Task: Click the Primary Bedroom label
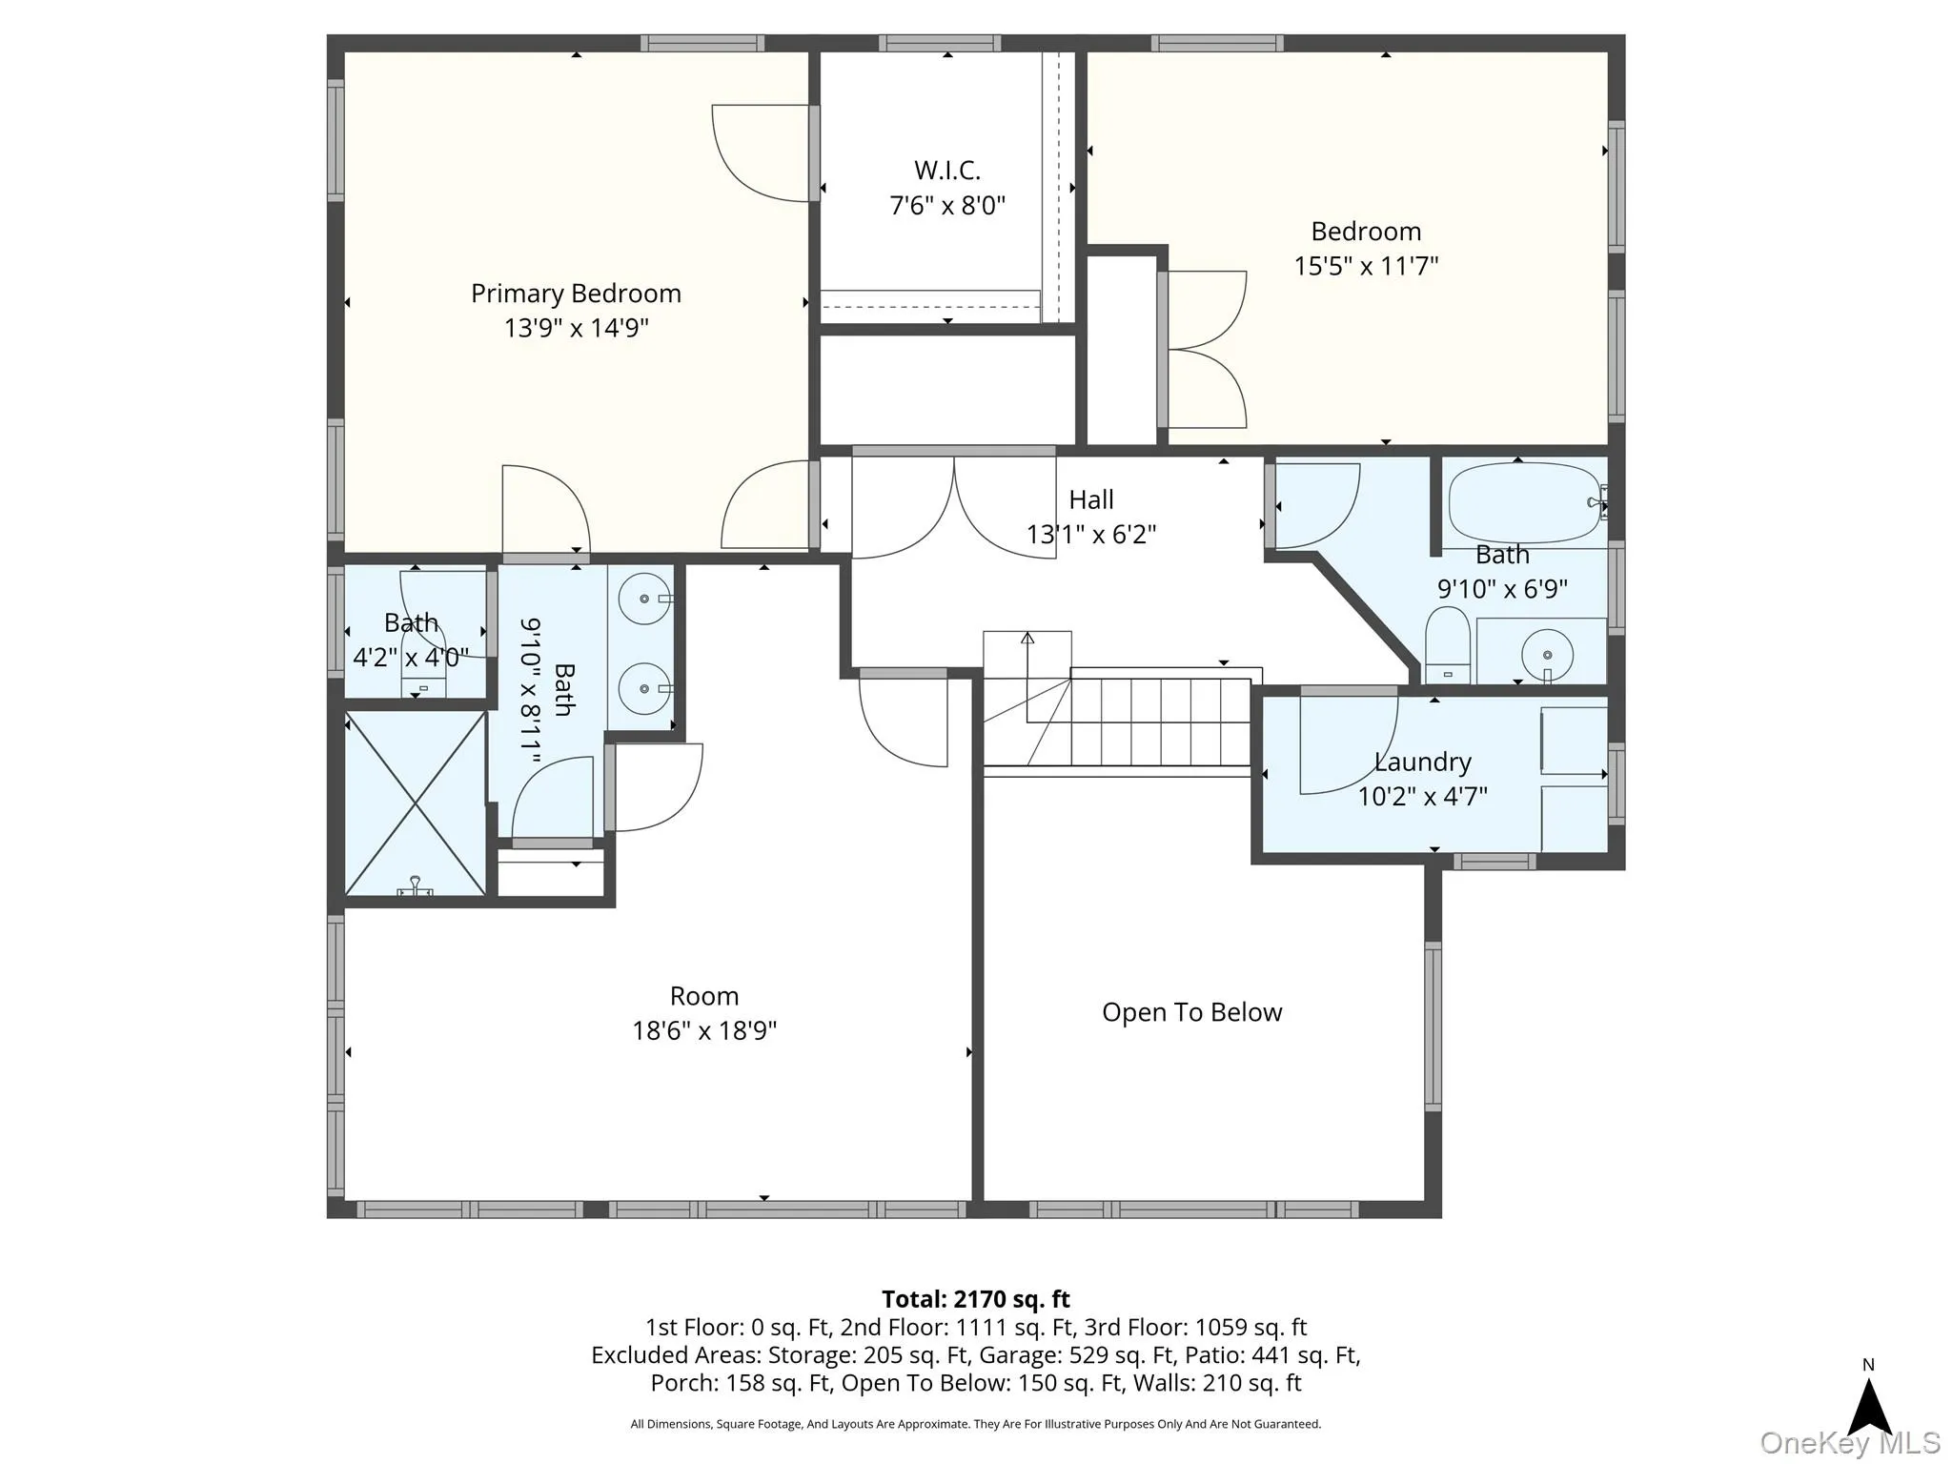click(x=576, y=294)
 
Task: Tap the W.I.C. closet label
click(x=947, y=171)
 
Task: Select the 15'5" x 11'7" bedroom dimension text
click(x=1366, y=266)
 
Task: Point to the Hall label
click(x=1091, y=499)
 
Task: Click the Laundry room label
click(x=1423, y=762)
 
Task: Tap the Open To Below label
click(x=1192, y=1012)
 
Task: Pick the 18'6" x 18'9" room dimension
click(x=704, y=1031)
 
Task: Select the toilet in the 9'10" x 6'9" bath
click(x=1448, y=645)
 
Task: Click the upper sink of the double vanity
click(x=644, y=599)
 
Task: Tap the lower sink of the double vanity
click(x=644, y=688)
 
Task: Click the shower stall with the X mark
click(x=415, y=803)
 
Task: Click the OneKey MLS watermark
click(x=1850, y=1443)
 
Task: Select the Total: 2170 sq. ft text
click(x=976, y=1299)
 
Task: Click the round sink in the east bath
click(x=1547, y=655)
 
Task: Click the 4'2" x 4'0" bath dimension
click(x=411, y=658)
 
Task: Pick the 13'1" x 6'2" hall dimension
click(x=1091, y=534)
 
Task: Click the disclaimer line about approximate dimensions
click(x=976, y=1424)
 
